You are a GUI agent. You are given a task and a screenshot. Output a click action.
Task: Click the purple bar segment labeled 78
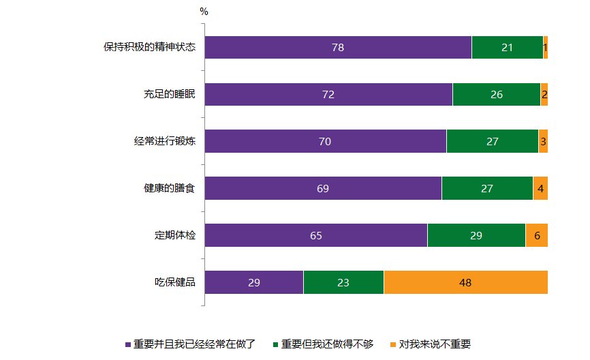click(x=338, y=48)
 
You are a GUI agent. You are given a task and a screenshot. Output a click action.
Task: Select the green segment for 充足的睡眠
click(x=496, y=95)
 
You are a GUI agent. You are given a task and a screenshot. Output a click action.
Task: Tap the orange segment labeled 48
click(x=465, y=282)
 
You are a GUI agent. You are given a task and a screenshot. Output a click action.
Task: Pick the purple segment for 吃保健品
click(x=253, y=282)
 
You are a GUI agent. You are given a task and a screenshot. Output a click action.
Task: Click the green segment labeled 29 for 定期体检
click(x=476, y=235)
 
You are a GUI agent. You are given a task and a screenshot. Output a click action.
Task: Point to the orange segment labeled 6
click(x=537, y=235)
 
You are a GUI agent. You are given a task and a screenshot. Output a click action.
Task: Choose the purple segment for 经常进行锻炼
click(x=325, y=142)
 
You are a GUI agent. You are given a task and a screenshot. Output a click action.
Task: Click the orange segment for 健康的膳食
click(x=540, y=188)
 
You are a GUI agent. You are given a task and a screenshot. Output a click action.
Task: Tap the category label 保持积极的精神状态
click(x=150, y=48)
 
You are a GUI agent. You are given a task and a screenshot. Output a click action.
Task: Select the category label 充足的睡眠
click(x=165, y=95)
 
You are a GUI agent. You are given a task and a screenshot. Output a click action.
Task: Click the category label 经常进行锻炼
click(x=165, y=142)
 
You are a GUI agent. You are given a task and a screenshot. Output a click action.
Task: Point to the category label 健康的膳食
click(x=165, y=188)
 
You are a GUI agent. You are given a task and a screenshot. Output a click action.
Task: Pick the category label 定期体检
click(x=175, y=235)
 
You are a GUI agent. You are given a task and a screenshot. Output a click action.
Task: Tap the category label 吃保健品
click(x=175, y=282)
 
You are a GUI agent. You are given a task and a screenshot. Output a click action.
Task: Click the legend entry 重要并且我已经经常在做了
click(x=194, y=344)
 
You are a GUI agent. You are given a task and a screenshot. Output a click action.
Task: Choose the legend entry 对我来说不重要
click(x=435, y=344)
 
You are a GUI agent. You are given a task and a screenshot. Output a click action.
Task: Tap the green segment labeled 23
click(x=343, y=282)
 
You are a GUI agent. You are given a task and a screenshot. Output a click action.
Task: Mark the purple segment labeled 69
click(x=323, y=188)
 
